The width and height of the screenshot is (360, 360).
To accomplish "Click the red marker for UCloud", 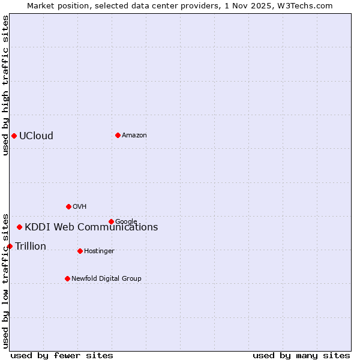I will (14, 136).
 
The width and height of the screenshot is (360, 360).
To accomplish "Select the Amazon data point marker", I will (118, 135).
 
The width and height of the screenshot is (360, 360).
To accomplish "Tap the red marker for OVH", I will (68, 206).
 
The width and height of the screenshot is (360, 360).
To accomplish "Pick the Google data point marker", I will (111, 221).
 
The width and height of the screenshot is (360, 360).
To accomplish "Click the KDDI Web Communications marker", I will (20, 227).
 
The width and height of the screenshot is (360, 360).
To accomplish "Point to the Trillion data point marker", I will (10, 246).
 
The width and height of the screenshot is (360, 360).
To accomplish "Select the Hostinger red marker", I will (80, 251).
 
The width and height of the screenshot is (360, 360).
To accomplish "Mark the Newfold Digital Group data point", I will (67, 278).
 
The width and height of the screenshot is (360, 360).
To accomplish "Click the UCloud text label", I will (36, 136).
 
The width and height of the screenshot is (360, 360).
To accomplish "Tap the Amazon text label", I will (134, 135).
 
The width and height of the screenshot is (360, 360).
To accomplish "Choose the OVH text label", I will (80, 206).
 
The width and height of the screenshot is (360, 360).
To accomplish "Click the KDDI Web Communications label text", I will (91, 227).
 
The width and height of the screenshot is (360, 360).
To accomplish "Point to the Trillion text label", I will (31, 246).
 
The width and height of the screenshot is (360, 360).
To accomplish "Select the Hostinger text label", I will (99, 251).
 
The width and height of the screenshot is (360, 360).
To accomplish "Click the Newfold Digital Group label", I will (106, 278).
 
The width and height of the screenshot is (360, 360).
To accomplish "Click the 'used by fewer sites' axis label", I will (62, 355).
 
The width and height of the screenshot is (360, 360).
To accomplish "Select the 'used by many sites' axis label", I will (301, 355).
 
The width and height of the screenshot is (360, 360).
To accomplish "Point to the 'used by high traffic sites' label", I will (5, 85).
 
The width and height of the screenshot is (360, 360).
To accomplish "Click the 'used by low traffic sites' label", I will (5, 280).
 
